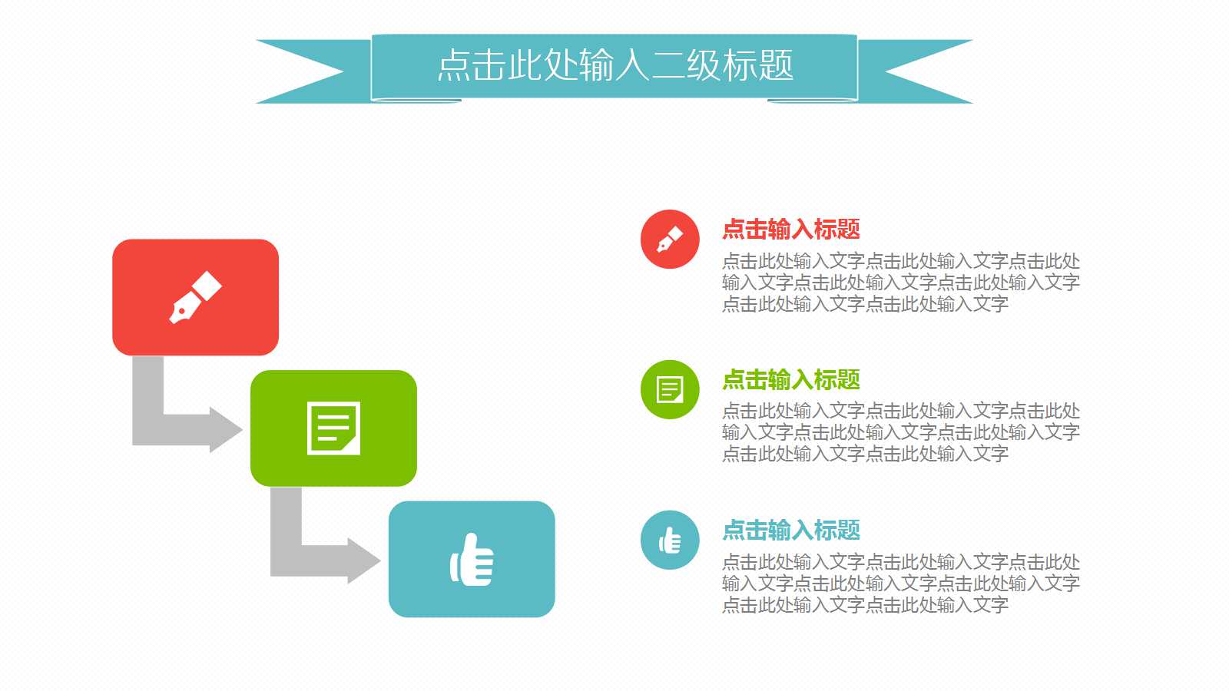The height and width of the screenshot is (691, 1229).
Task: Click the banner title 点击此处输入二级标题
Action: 614,65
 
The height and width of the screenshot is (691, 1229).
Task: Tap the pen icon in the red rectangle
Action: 195,297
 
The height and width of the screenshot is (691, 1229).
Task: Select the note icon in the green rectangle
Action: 333,428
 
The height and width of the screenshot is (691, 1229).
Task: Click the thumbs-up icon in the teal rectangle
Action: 472,560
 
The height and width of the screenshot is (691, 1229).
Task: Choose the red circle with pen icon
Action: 670,240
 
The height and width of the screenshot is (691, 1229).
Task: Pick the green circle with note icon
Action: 670,389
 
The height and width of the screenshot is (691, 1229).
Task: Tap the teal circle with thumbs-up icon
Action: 670,540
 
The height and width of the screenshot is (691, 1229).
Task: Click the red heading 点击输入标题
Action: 790,229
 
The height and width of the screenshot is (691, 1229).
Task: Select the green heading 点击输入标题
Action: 790,379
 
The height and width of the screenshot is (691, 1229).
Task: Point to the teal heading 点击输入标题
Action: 790,530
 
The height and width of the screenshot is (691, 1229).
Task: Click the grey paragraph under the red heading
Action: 900,283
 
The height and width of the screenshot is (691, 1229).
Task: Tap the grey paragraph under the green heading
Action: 900,432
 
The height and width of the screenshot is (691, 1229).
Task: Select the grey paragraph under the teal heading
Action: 900,584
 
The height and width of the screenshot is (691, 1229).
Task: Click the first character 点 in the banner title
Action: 454,65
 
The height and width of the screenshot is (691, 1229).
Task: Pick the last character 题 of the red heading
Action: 849,229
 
